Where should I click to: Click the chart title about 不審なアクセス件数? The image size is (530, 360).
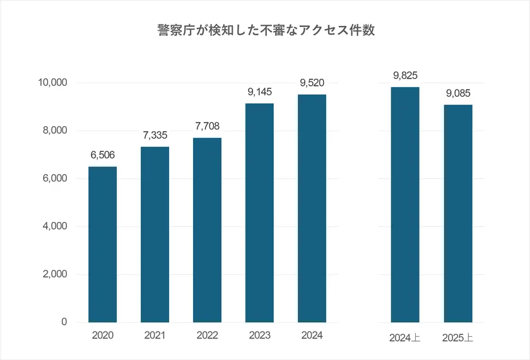point(265,30)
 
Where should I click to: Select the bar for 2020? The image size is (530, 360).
point(102,245)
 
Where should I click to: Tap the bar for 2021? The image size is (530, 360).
point(155,235)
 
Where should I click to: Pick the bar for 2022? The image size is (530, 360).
point(207,230)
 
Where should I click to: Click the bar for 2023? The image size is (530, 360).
point(259,213)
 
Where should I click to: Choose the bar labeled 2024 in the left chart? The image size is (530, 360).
point(312,209)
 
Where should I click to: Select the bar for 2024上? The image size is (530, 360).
point(405,205)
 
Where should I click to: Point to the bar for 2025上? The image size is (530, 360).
point(458,214)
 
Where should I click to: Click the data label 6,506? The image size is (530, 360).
point(102,155)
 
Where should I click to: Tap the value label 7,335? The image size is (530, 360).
point(155,136)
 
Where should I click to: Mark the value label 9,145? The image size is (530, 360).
point(259,92)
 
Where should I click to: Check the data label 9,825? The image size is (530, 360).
point(405,76)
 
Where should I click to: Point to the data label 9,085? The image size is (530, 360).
point(458,93)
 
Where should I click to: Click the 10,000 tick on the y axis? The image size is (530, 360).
point(53,83)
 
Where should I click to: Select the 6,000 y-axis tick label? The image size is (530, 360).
point(55,178)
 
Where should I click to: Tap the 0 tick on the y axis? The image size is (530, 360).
point(64,322)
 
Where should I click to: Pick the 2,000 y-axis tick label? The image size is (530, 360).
point(55,274)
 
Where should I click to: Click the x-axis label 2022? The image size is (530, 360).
point(207,335)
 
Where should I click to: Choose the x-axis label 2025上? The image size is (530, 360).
point(458,338)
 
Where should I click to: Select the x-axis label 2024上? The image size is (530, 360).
point(405,338)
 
